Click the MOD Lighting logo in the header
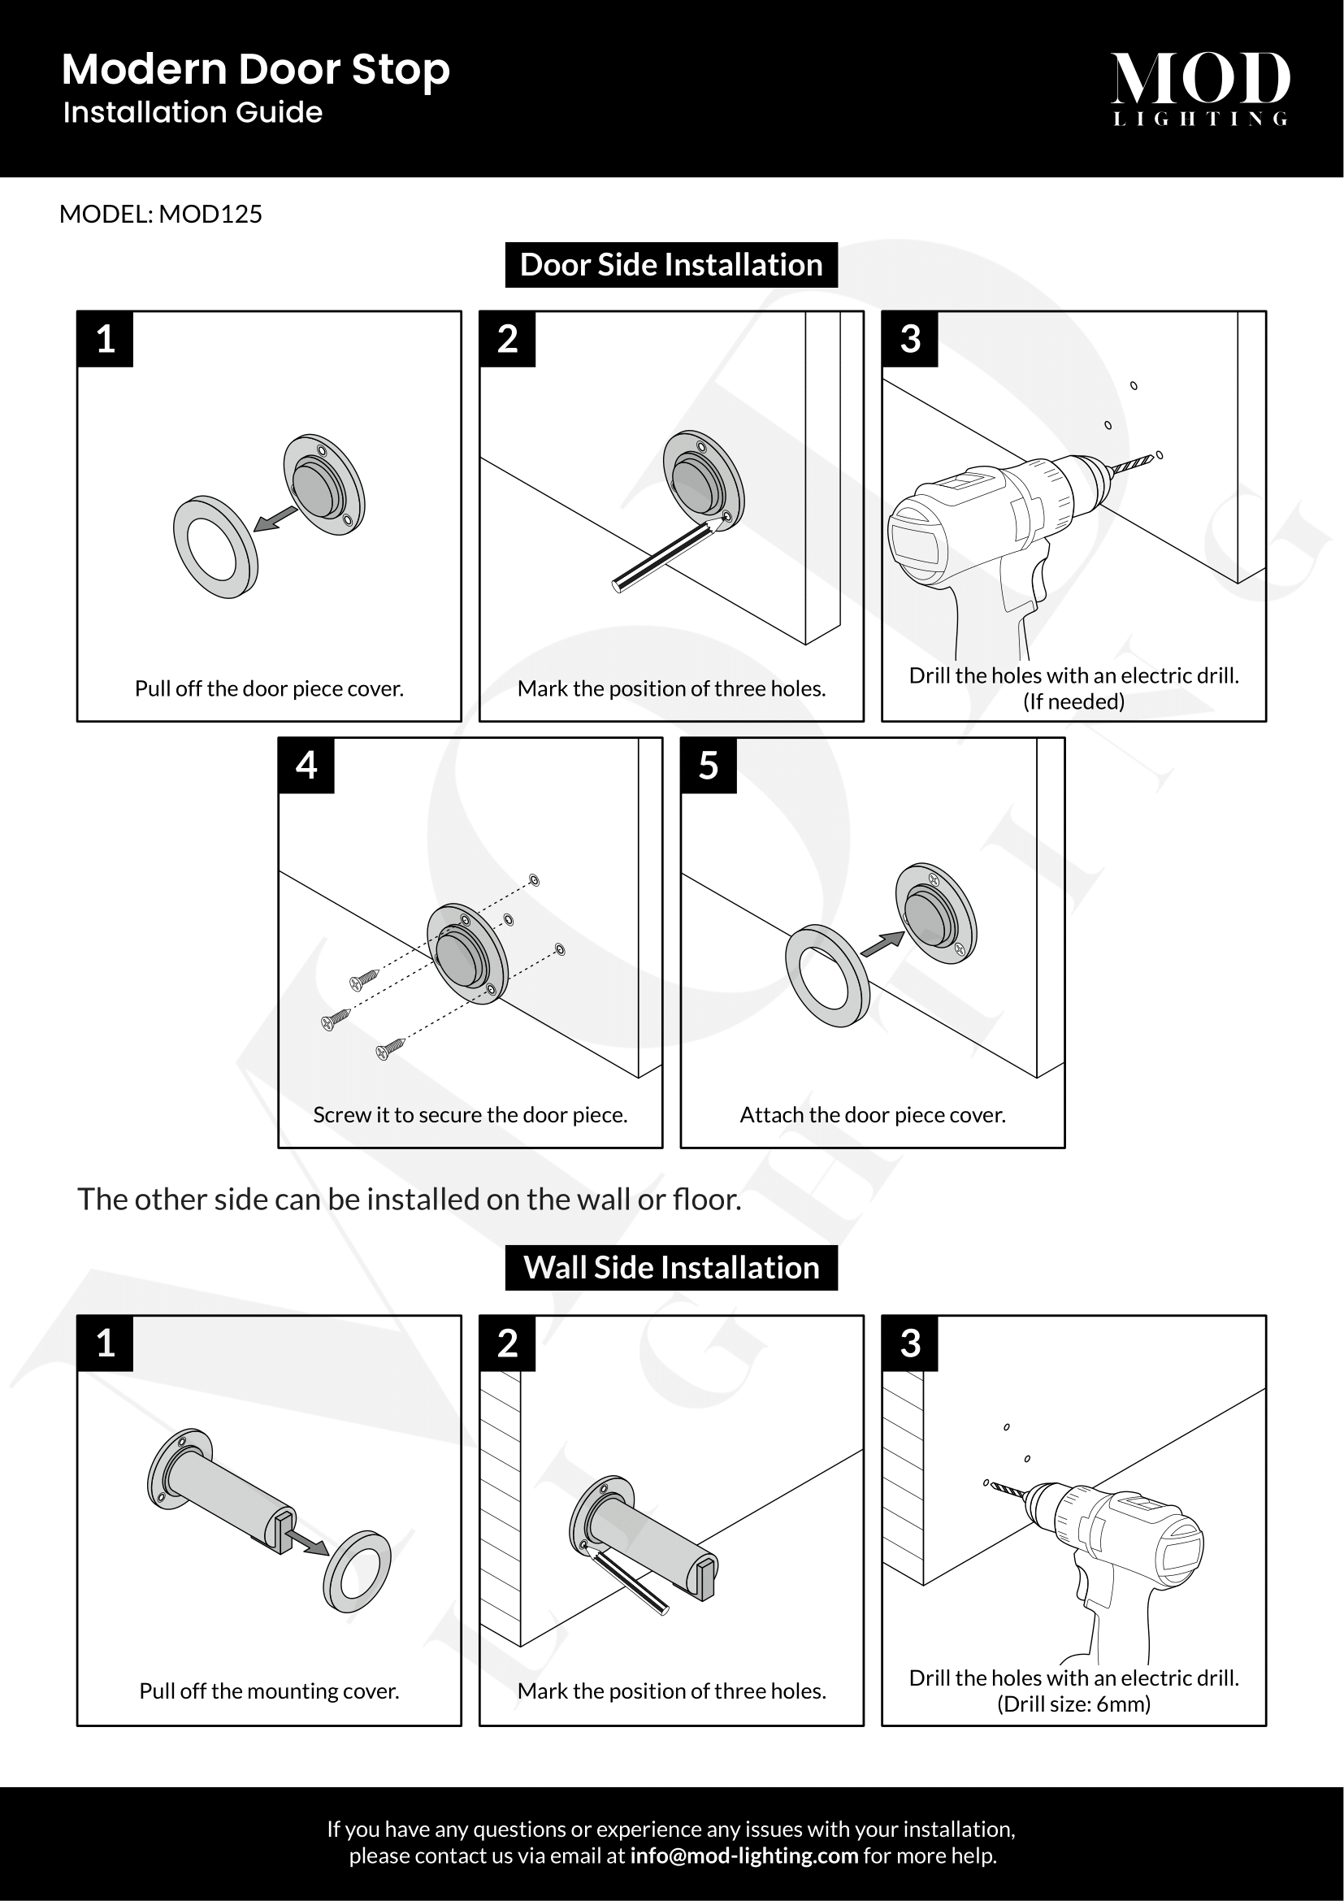pyautogui.click(x=1199, y=88)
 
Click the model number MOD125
pyautogui.click(x=210, y=215)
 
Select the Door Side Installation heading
pyautogui.click(x=671, y=265)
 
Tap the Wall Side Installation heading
pyautogui.click(x=671, y=1268)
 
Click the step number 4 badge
pyautogui.click(x=306, y=765)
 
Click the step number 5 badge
pyautogui.click(x=709, y=765)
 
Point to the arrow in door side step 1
pyautogui.click(x=275, y=519)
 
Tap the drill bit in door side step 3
pyautogui.click(x=1132, y=466)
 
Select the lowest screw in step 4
pyautogui.click(x=390, y=1049)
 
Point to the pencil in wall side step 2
pyautogui.click(x=629, y=1582)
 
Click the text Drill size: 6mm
pyautogui.click(x=1073, y=1704)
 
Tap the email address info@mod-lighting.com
pyautogui.click(x=744, y=1855)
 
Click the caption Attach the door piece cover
pyautogui.click(x=872, y=1115)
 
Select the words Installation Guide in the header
pyautogui.click(x=193, y=113)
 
